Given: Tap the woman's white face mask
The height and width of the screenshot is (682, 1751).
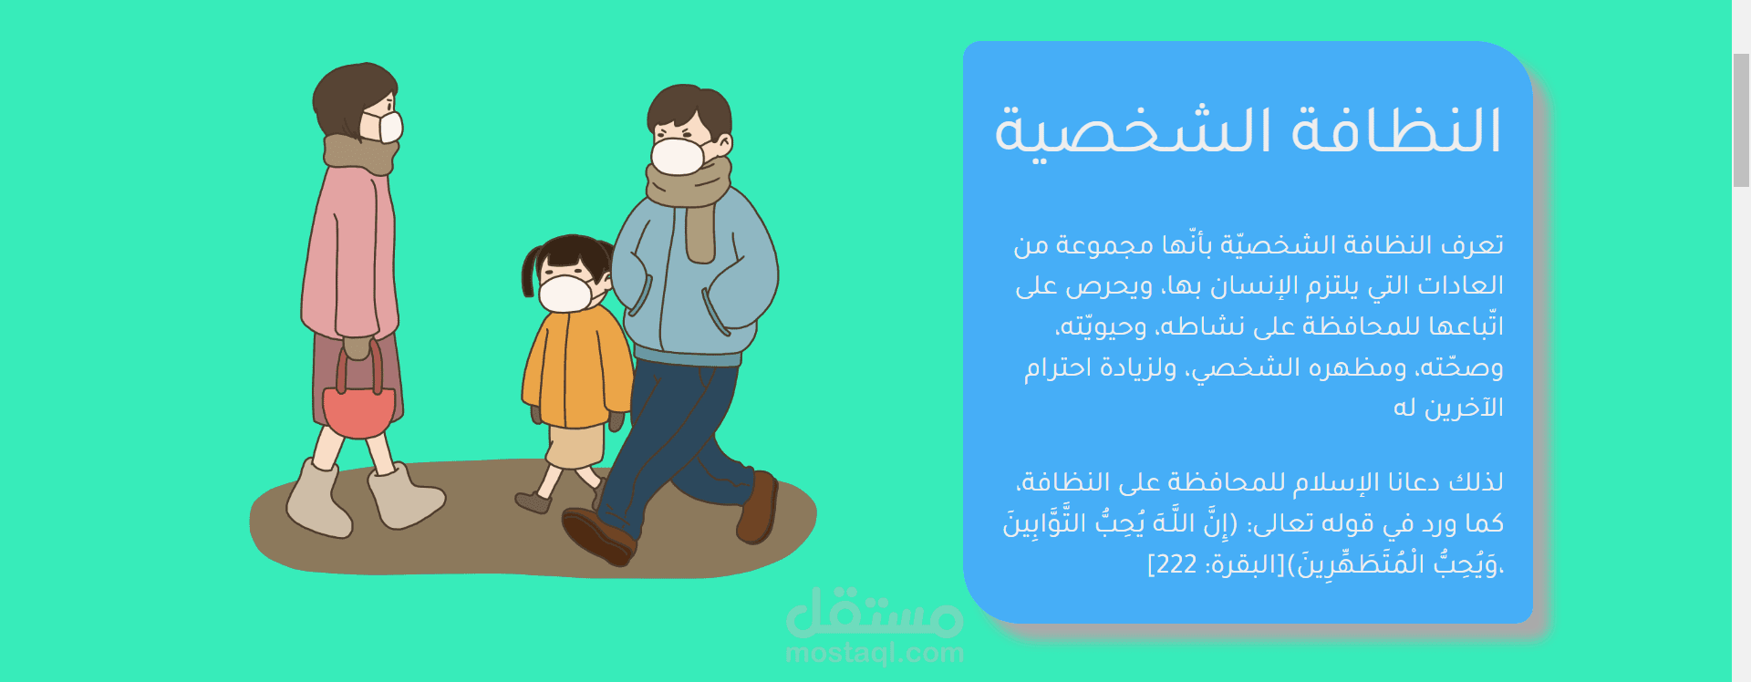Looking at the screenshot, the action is click(x=382, y=127).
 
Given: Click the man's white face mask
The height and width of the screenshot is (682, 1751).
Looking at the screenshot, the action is click(x=679, y=155).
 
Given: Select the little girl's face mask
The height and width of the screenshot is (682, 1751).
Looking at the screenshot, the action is click(x=565, y=294).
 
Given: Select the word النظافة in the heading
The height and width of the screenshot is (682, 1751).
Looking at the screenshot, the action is click(x=1396, y=129).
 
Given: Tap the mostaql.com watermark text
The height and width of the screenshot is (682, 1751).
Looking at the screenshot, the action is click(x=875, y=653).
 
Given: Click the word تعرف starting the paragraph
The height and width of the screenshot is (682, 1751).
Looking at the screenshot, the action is click(x=1472, y=245).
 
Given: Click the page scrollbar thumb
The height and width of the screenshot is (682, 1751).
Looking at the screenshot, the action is click(x=1741, y=119).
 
